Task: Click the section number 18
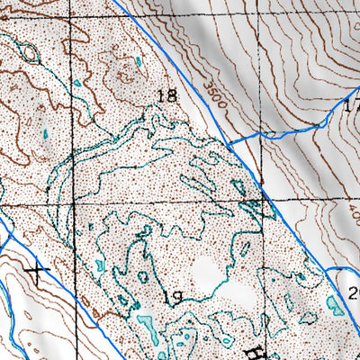[x=165, y=94]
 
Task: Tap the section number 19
[x=172, y=295]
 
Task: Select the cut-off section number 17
[x=352, y=106]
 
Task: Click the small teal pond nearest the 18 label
[x=139, y=62]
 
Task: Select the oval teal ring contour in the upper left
[x=30, y=53]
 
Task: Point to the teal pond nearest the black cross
[x=98, y=266]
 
